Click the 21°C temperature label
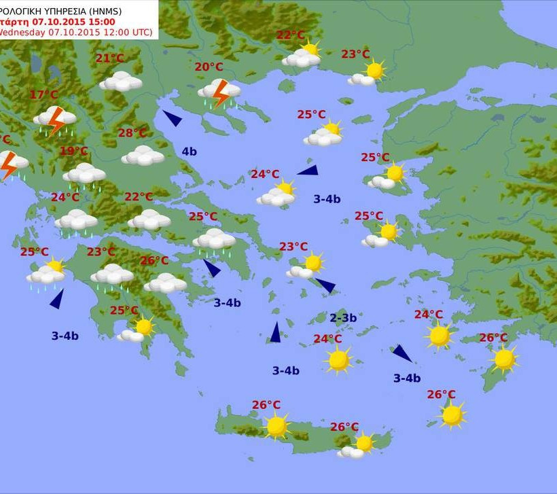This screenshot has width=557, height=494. [109, 58]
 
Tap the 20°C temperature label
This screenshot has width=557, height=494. [209, 67]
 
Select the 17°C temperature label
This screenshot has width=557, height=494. [43, 94]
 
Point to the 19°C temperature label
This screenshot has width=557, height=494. [73, 151]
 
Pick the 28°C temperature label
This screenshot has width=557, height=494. [132, 133]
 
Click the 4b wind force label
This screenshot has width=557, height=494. [189, 152]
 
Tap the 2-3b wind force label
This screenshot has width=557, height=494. [343, 318]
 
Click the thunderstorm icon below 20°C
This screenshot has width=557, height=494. [219, 93]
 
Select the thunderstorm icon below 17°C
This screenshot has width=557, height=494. [55, 120]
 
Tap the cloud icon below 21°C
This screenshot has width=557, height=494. [121, 82]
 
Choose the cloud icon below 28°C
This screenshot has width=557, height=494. [143, 156]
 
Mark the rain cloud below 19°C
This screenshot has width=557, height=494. [85, 175]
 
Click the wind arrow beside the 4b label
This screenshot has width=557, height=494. [173, 119]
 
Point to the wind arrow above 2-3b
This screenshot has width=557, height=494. [325, 286]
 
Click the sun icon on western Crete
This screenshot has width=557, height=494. [276, 427]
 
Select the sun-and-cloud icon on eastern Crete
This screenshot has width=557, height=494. [358, 446]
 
